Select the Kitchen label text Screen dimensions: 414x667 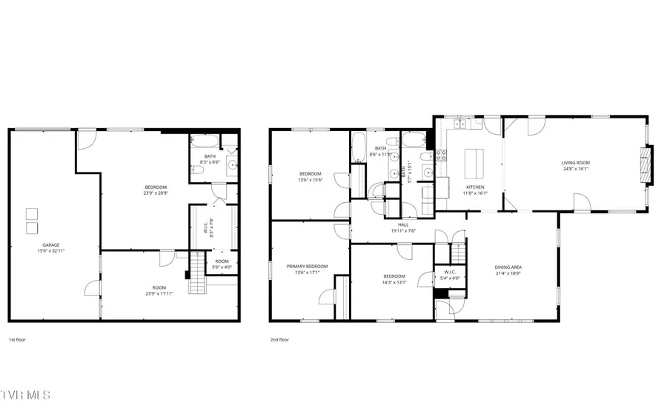tap(474, 189)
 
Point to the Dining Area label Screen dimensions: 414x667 tap(508, 270)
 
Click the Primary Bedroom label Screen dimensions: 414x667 tap(307, 269)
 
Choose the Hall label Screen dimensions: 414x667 tap(403, 227)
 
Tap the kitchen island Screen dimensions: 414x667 tap(472, 159)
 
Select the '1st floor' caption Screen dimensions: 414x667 tap(17, 340)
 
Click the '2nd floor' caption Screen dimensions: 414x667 tap(279, 340)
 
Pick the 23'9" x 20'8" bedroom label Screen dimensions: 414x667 tap(156, 190)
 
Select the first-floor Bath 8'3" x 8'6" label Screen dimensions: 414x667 tap(210, 158)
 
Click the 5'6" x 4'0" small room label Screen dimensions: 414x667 tap(222, 264)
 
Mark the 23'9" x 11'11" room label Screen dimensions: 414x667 tap(159, 290)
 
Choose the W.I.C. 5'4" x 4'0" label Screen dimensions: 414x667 tap(449, 276)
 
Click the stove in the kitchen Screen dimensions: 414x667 tap(440, 155)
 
